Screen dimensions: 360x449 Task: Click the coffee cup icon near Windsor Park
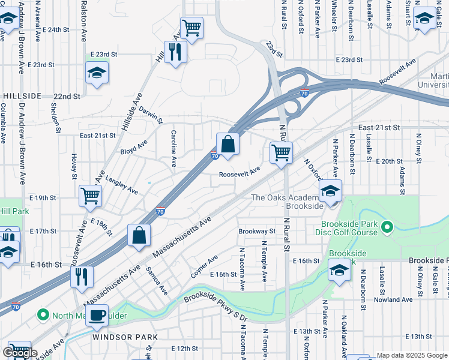[97, 315]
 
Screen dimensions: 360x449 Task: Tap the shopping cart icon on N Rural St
[281, 153]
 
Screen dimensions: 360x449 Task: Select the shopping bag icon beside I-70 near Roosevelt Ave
[228, 144]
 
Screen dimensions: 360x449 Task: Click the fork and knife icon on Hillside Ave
[176, 52]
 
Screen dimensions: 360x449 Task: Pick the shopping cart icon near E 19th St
[90, 195]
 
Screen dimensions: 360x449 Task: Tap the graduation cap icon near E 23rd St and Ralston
[96, 73]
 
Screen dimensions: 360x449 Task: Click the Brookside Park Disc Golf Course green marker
[387, 227]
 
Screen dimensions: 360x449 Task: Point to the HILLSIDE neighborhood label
[22, 96]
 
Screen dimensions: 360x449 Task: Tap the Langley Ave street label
[122, 185]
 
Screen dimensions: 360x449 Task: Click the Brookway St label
[256, 231]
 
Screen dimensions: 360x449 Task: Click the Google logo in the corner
[20, 353]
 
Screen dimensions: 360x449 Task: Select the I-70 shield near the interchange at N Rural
[304, 93]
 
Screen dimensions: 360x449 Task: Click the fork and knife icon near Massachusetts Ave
[81, 277]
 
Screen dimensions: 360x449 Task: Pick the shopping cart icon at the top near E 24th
[191, 27]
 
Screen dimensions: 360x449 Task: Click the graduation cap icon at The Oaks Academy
[330, 191]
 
